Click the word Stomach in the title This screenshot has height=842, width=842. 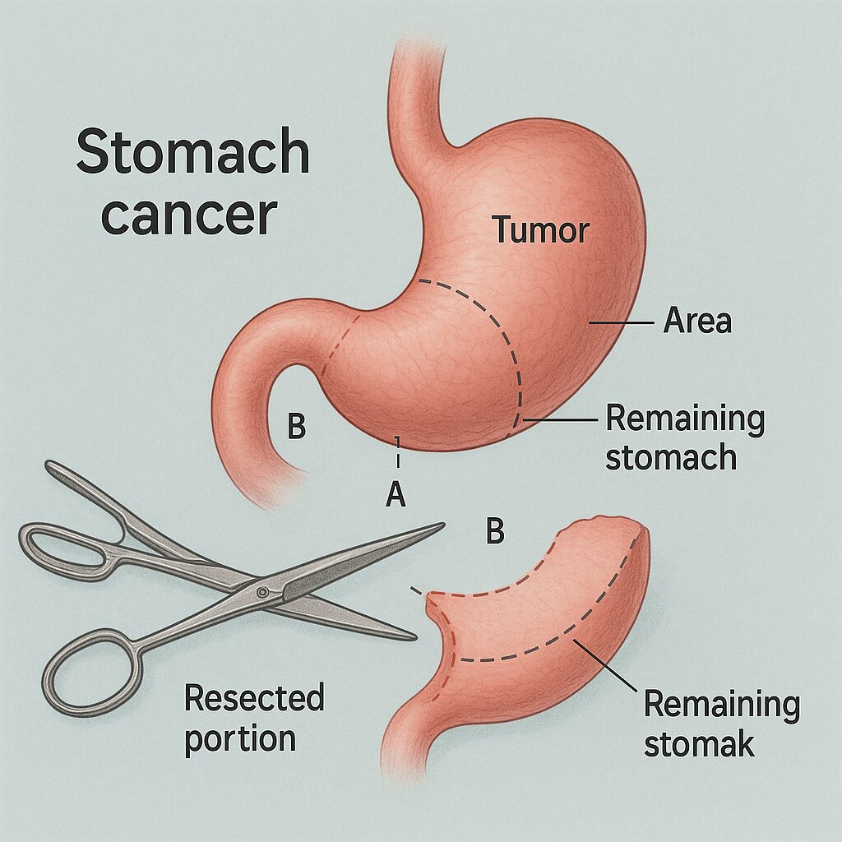[193, 153]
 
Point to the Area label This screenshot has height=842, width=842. [697, 322]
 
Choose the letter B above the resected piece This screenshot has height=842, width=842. [494, 533]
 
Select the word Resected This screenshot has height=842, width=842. [254, 699]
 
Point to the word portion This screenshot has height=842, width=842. [239, 738]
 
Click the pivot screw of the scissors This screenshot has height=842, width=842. [262, 592]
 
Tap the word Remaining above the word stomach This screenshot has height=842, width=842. [685, 419]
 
